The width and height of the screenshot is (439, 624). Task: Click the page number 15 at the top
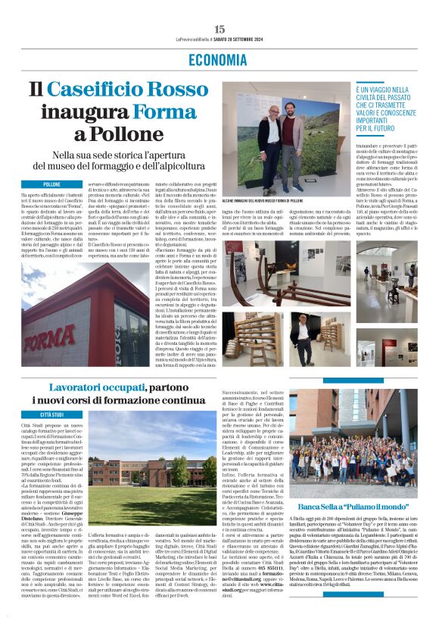(219, 29)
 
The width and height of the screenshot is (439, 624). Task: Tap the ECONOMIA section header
(219, 60)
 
